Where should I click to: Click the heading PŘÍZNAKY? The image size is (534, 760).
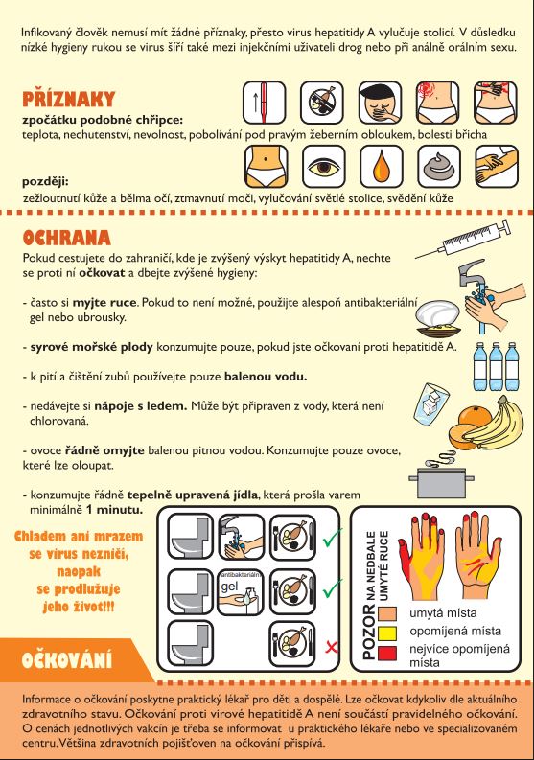pos(68,99)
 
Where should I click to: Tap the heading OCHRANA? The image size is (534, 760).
pos(66,238)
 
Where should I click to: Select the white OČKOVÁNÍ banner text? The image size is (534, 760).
pos(66,660)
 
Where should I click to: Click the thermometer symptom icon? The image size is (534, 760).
pos(264,103)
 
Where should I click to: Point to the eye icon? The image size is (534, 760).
pos(323,166)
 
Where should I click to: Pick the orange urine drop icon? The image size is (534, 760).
pos(381,166)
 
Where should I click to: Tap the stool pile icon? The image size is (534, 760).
pos(438,166)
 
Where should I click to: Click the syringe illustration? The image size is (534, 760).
pos(463,239)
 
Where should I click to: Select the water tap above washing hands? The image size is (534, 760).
pos(472,275)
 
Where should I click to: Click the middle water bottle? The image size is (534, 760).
pos(496,366)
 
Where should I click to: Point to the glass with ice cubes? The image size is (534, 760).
pos(430,402)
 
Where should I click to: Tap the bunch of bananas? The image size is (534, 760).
pos(499,422)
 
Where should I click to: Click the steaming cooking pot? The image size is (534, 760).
pos(440,475)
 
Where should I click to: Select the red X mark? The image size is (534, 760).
pos(332,647)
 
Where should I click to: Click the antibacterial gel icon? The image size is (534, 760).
pos(241,592)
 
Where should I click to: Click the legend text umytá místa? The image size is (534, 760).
pos(443,613)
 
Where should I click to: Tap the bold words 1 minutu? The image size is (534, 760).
pos(114,510)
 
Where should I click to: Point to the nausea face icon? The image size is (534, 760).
pos(380,103)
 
